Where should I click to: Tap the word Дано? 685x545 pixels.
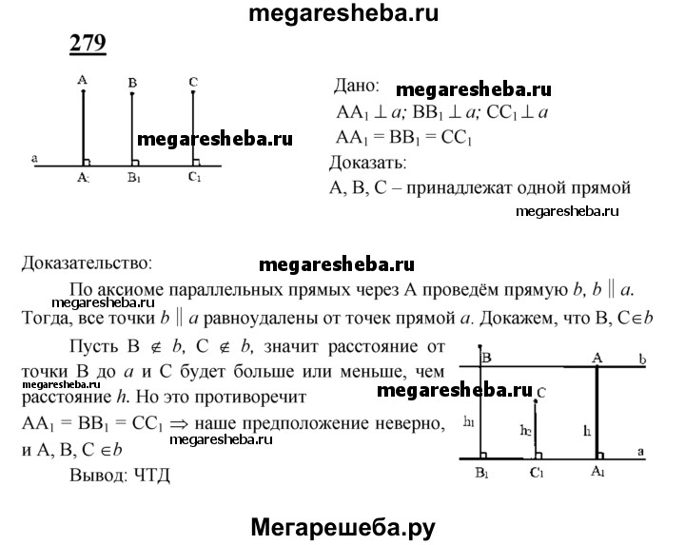tap(356, 86)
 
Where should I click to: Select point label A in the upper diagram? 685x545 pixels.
tap(84, 82)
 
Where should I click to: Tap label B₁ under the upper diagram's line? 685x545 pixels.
tap(134, 177)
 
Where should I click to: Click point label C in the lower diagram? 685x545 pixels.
tap(540, 391)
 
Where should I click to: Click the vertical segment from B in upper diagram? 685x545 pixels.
tap(132, 128)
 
